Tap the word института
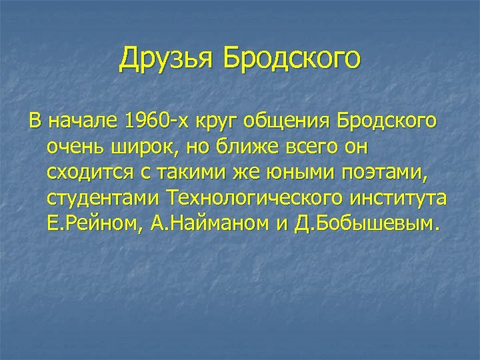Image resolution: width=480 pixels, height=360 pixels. pos(397,199)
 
